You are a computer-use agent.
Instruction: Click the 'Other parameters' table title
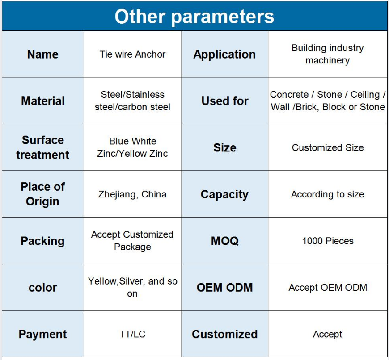click(x=194, y=17)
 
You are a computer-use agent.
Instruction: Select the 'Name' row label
click(x=42, y=54)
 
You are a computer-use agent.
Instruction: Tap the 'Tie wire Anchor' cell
click(x=132, y=54)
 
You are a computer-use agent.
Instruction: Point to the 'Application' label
click(x=224, y=54)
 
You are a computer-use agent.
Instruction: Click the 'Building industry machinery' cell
click(x=327, y=54)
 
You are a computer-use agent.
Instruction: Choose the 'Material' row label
click(x=42, y=101)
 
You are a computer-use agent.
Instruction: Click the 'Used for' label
click(x=225, y=101)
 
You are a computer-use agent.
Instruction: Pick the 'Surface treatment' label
click(x=42, y=147)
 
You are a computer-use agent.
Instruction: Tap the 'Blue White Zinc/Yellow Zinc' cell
click(x=132, y=147)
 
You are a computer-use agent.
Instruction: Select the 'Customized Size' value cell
click(x=327, y=148)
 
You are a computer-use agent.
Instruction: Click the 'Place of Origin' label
click(x=42, y=194)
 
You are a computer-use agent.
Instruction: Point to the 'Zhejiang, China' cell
click(x=132, y=194)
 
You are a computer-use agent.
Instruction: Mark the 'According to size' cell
click(x=327, y=194)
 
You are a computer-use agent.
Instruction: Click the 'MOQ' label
click(x=225, y=241)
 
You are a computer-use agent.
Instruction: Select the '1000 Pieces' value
click(x=328, y=241)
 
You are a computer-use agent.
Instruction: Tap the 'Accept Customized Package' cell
click(x=132, y=241)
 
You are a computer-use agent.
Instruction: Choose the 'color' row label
click(x=42, y=288)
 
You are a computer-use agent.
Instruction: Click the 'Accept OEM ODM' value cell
click(x=328, y=288)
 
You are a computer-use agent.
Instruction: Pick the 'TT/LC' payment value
click(x=132, y=334)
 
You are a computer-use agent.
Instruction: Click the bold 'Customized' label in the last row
click(x=224, y=334)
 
